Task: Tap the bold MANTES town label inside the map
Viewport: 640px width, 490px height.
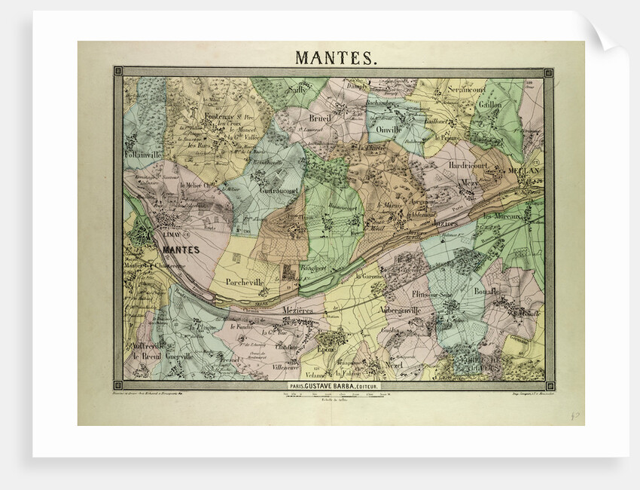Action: pos(181,250)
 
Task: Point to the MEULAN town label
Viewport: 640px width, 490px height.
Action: pos(524,171)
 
